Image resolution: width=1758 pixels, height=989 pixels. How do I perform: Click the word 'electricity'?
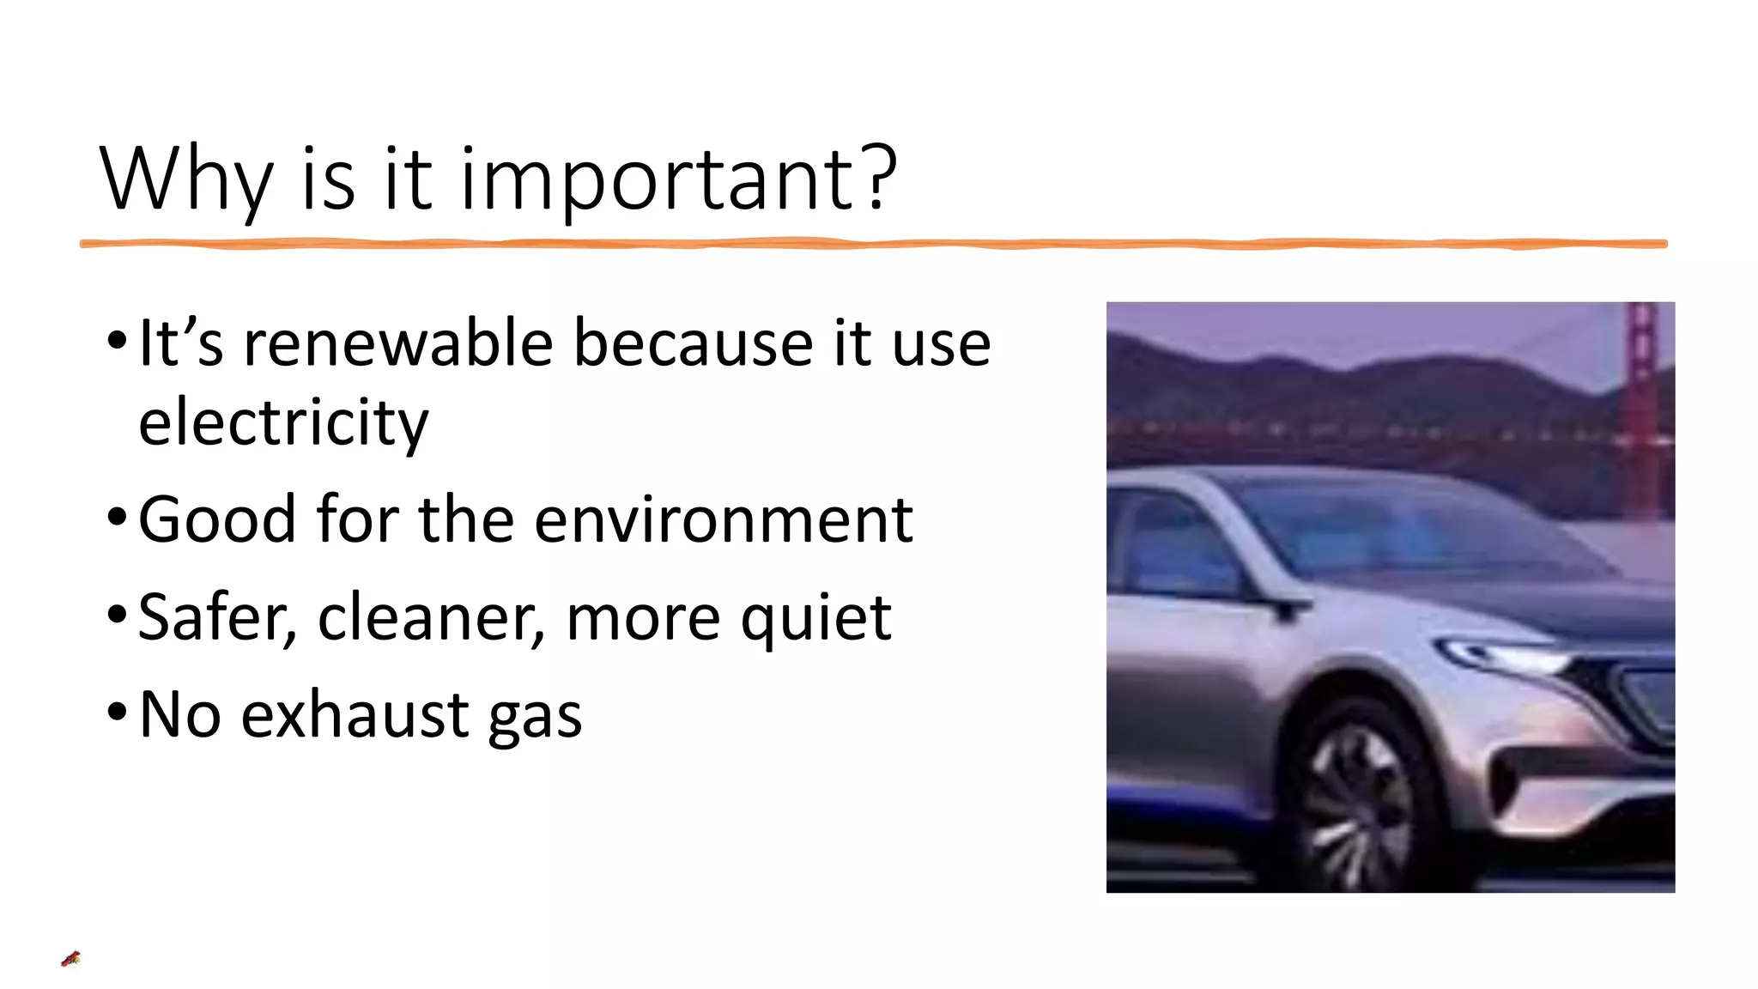(283, 422)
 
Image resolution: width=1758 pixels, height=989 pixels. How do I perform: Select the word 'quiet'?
(815, 619)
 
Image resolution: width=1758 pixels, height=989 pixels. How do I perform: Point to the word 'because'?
(692, 343)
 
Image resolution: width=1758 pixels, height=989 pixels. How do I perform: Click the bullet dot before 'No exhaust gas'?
(117, 713)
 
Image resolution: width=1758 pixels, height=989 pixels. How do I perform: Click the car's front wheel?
(1361, 798)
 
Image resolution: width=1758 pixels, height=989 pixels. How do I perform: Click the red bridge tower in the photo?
(1641, 403)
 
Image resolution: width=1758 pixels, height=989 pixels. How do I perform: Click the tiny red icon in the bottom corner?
(70, 959)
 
